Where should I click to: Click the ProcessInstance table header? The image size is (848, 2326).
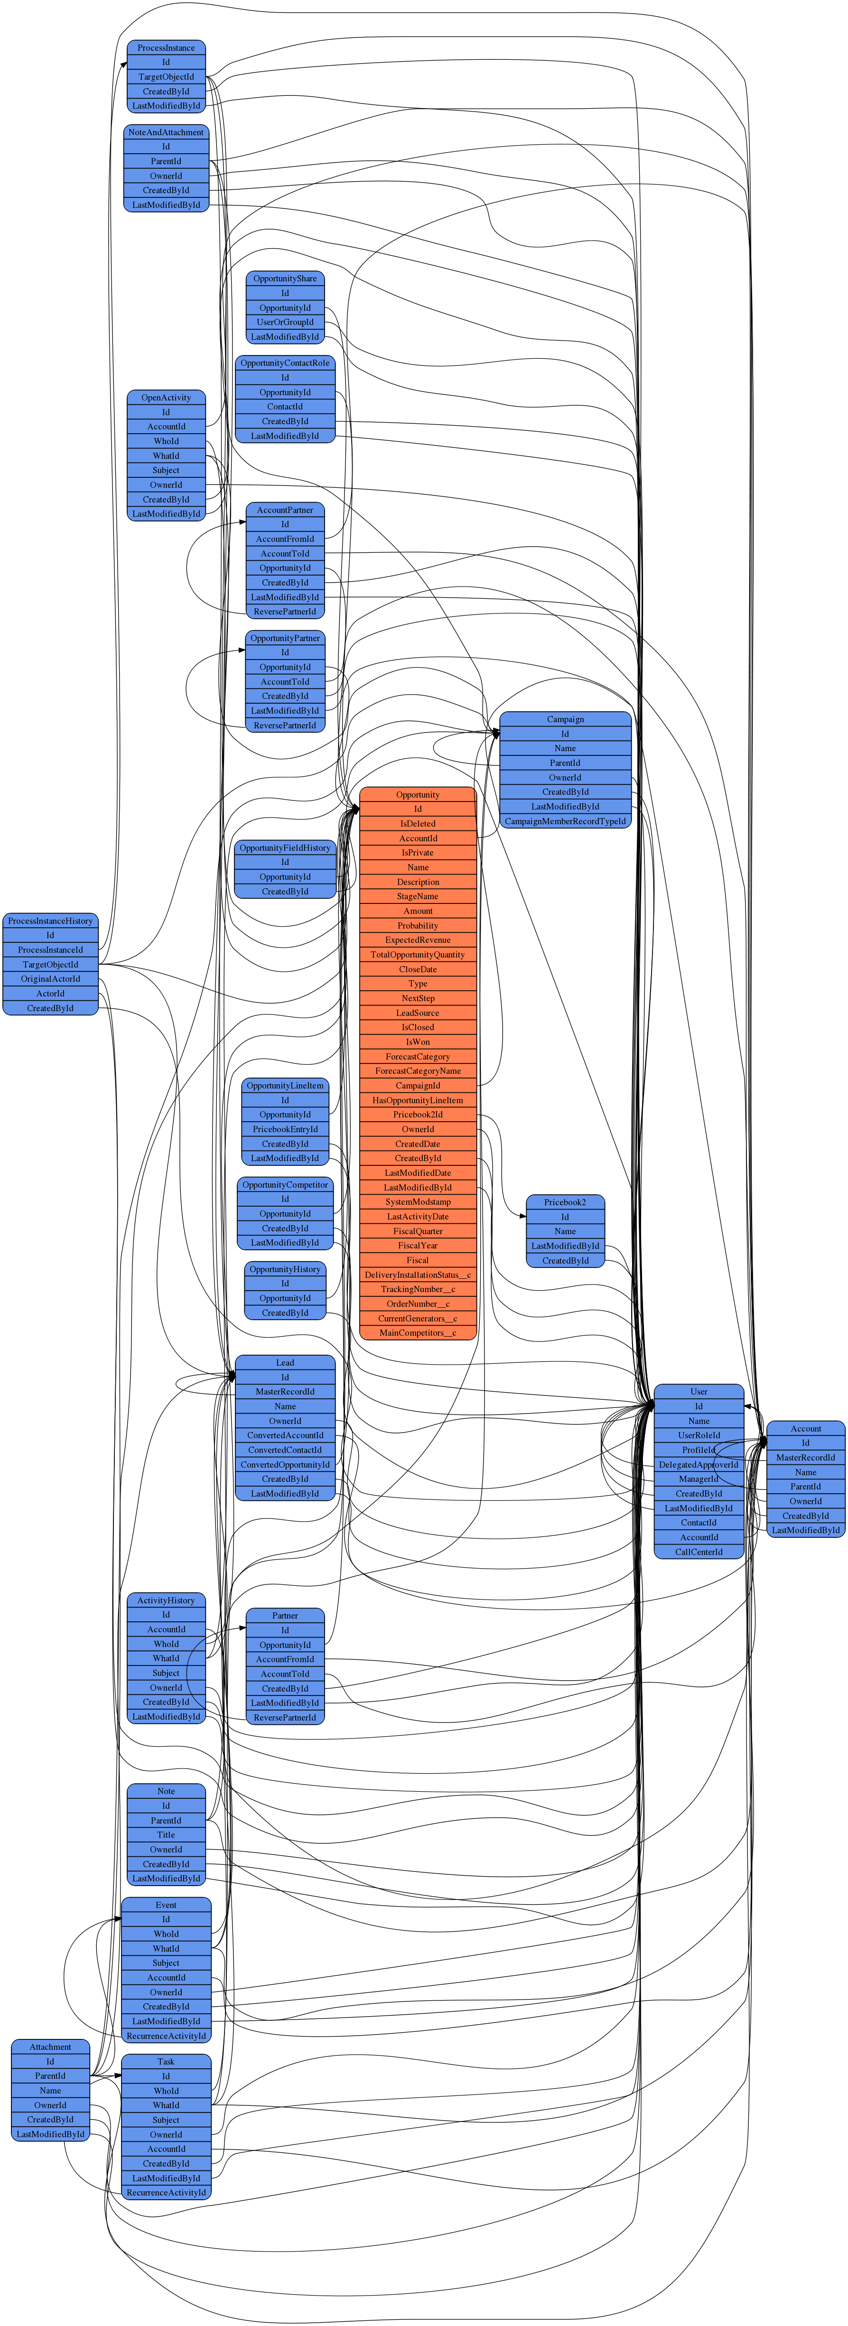[166, 48]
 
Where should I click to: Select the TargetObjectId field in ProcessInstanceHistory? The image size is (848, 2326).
[51, 964]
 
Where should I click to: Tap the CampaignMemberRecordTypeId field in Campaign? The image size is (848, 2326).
[565, 821]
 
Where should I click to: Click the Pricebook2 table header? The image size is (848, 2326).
[565, 1202]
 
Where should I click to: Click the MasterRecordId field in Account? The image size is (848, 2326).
[806, 1457]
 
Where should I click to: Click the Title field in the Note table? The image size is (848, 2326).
[166, 1835]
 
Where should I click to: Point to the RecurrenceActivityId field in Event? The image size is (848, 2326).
[166, 2035]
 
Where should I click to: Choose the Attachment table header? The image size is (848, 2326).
[51, 2047]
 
